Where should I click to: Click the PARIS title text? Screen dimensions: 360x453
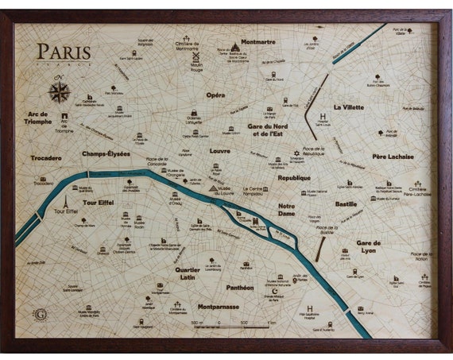click(64, 52)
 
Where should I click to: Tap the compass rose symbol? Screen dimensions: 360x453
click(60, 91)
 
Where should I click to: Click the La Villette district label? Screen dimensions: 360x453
click(348, 106)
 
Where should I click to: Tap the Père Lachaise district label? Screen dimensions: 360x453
click(393, 157)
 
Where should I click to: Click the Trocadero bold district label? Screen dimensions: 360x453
click(45, 158)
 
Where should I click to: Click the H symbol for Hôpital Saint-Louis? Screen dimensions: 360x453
click(321, 115)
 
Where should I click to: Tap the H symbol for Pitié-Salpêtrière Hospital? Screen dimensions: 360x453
click(309, 306)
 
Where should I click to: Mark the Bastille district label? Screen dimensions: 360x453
click(346, 204)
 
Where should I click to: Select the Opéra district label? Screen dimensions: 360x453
click(215, 95)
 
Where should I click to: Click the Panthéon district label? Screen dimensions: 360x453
click(239, 288)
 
